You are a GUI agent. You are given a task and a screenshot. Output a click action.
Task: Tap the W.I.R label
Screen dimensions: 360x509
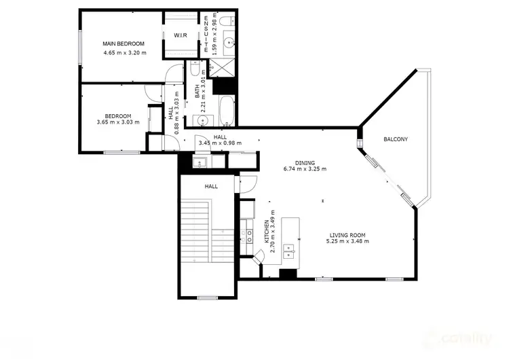pyautogui.click(x=181, y=35)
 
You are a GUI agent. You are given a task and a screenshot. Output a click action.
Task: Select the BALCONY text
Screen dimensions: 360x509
pyautogui.click(x=395, y=139)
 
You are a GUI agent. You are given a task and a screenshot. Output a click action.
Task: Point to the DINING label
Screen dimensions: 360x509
pyautogui.click(x=305, y=162)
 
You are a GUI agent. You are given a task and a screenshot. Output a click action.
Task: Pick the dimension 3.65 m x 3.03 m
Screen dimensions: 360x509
pyautogui.click(x=117, y=122)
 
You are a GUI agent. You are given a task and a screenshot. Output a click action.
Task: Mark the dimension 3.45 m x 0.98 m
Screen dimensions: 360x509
pyautogui.click(x=220, y=143)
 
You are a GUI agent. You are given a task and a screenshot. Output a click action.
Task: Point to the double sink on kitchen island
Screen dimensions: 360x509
pyautogui.click(x=290, y=251)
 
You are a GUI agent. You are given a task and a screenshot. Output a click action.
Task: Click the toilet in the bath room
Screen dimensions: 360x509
pyautogui.click(x=194, y=70)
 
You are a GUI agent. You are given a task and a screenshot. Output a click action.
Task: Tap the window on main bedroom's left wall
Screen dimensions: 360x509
pyautogui.click(x=81, y=48)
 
